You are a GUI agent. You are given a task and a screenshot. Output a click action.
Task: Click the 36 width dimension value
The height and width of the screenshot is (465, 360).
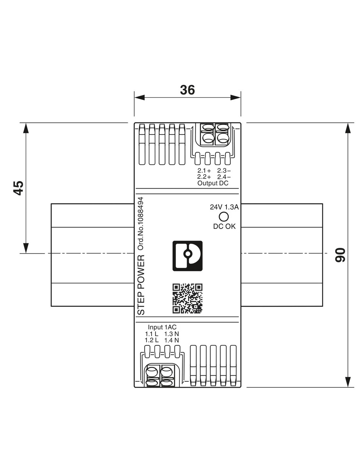coord(187,90)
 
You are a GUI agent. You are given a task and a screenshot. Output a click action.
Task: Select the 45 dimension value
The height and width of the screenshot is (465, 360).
coord(19,188)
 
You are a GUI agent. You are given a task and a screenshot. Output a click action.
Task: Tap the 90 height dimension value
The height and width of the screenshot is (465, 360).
coord(340,255)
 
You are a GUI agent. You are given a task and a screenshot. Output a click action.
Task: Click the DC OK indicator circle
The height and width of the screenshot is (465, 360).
coord(224,216)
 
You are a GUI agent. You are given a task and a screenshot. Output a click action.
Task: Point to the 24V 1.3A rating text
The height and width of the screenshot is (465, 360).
coord(224,207)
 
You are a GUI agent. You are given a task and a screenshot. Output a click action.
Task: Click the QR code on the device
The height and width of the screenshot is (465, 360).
coord(188,298)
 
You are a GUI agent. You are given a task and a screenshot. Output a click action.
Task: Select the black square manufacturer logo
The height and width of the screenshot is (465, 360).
coord(188,256)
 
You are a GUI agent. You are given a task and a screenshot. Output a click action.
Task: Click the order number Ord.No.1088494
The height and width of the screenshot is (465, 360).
coord(140,224)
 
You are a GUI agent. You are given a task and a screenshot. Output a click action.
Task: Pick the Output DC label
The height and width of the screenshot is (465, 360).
coord(213,183)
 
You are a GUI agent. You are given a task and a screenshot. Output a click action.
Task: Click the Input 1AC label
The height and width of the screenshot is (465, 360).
coord(162,327)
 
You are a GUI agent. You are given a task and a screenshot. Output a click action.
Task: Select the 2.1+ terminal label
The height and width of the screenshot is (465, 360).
coord(204,171)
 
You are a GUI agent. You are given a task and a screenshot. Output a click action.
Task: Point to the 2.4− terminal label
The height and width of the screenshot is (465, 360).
coord(224,177)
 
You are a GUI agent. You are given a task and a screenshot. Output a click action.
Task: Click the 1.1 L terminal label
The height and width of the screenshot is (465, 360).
coord(152,334)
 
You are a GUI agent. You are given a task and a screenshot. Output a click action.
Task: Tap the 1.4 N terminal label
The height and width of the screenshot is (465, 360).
coord(171,340)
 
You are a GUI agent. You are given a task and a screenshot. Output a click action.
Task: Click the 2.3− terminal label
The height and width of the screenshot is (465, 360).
coord(224,171)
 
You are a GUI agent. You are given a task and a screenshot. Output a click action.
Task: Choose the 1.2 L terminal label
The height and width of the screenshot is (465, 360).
coord(152,340)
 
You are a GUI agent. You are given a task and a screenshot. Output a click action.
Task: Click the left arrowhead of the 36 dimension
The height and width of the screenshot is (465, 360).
coord(139,97)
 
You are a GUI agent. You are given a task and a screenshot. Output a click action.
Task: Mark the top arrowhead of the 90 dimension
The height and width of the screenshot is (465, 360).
coord(348,128)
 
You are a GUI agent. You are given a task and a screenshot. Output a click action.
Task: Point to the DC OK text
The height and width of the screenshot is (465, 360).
coord(224,226)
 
